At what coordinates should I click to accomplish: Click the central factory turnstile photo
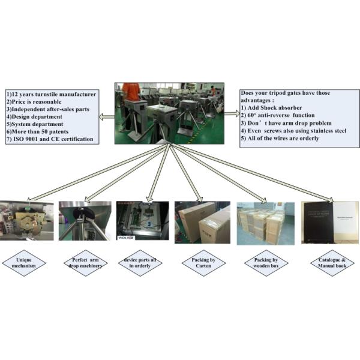(170, 113)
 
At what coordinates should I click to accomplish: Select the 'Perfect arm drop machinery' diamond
(86, 263)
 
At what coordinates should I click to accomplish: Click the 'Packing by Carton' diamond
(198, 263)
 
